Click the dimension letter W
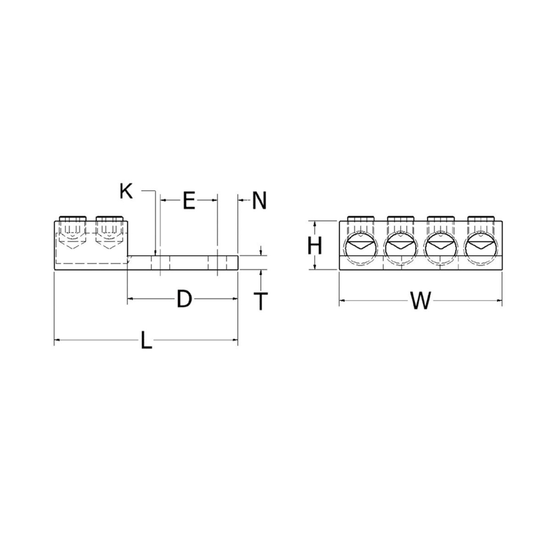tap(420, 302)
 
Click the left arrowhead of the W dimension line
tap(342, 301)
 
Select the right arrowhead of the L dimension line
tap(236, 340)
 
